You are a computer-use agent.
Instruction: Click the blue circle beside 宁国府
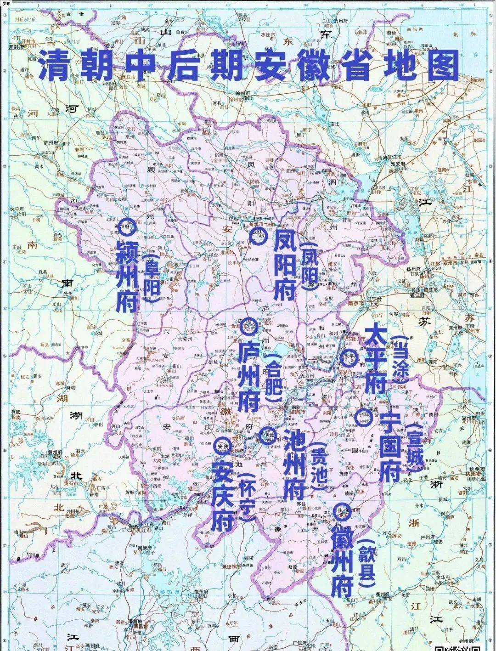tap(362, 417)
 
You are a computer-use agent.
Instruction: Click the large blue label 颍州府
tap(127, 276)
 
